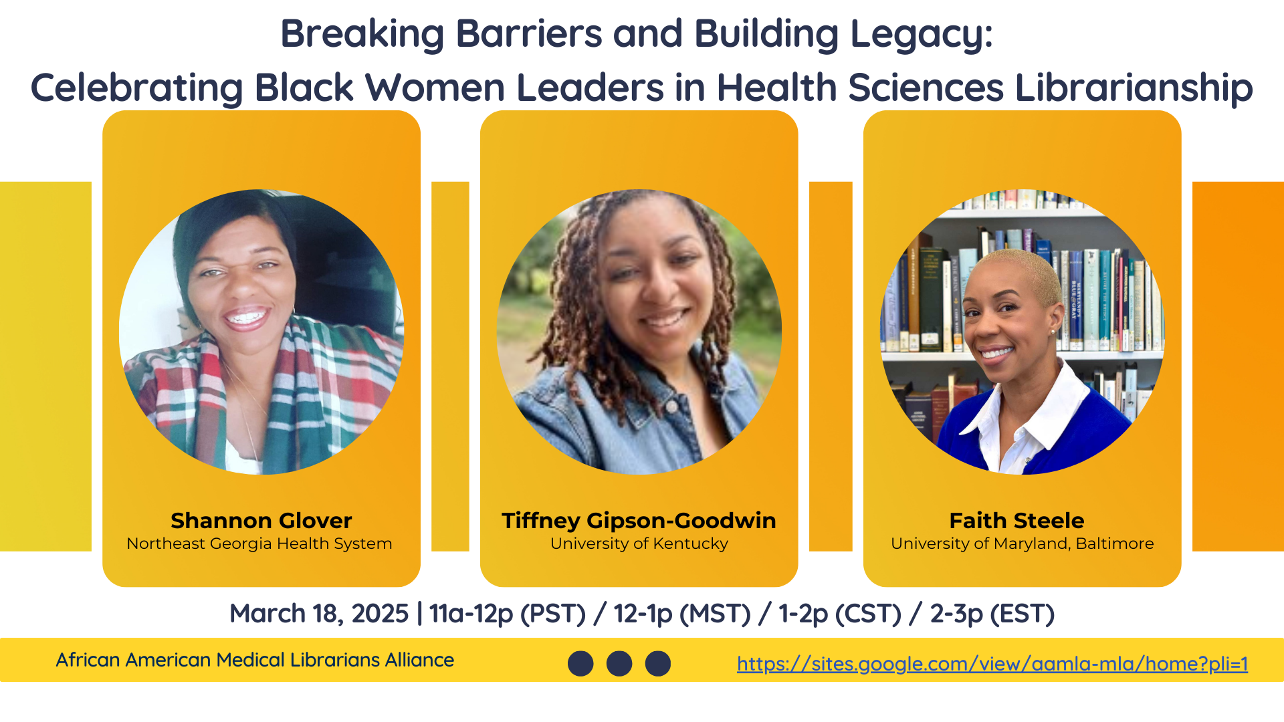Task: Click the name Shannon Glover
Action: coord(261,520)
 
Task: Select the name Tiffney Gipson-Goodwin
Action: coord(639,521)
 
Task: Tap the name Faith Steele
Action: coord(1016,520)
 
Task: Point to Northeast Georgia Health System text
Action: coord(259,544)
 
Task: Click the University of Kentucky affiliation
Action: coord(639,544)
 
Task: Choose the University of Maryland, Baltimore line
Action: coord(1022,544)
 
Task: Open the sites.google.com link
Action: coord(992,663)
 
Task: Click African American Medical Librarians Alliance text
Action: coord(255,660)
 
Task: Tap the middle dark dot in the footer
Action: coord(619,663)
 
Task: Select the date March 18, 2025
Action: coord(319,614)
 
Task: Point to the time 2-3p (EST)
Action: coord(992,614)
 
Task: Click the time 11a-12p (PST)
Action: coord(508,614)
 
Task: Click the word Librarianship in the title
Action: coord(1134,88)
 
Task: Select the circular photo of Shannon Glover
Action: coord(261,332)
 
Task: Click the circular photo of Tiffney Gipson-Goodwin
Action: coord(639,332)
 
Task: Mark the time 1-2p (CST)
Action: coord(840,614)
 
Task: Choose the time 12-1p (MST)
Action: coord(682,614)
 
